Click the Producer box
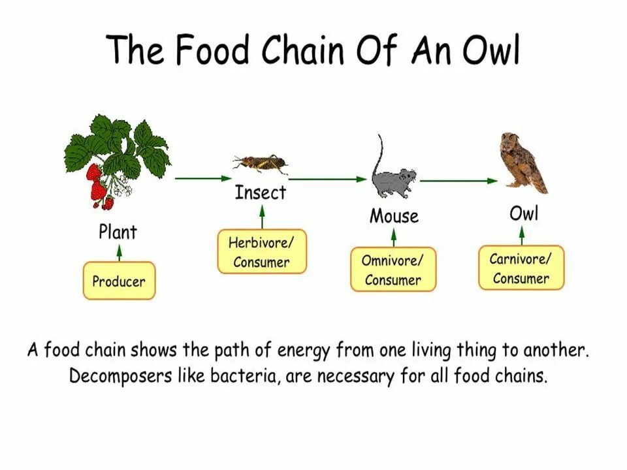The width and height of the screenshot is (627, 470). [x=119, y=281]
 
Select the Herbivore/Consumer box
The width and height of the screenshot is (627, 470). [x=261, y=253]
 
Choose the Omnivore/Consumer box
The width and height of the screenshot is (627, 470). [x=393, y=270]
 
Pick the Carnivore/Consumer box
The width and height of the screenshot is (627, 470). [x=521, y=268]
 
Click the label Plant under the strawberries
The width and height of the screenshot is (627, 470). [x=118, y=232]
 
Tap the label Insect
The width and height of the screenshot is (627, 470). [x=260, y=193]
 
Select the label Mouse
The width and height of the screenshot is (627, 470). [x=394, y=216]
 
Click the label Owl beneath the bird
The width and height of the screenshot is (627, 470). [x=524, y=213]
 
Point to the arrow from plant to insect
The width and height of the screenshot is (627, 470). [x=203, y=178]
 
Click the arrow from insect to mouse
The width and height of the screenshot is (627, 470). [x=327, y=178]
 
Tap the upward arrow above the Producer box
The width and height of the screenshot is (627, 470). [x=119, y=251]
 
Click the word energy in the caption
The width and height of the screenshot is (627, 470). [x=305, y=351]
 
